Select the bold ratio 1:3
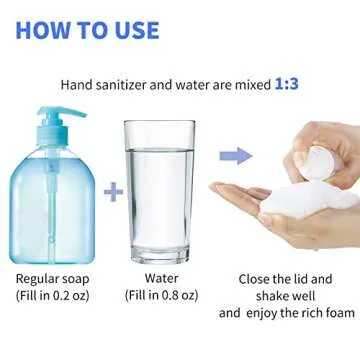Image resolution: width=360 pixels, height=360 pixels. [x=286, y=86]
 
